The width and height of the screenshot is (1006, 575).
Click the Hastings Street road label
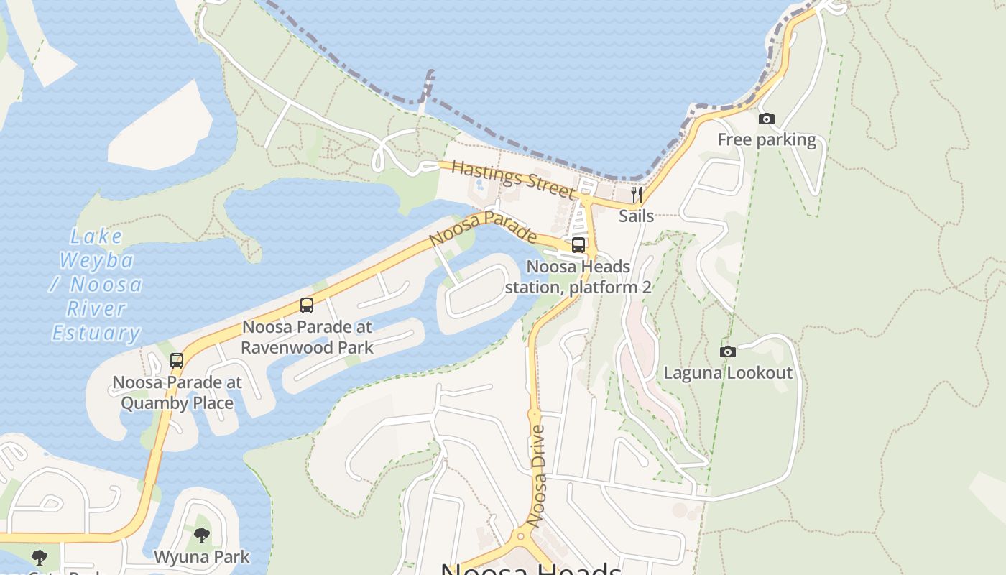click(x=513, y=180)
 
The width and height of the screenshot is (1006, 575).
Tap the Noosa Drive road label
click(x=537, y=475)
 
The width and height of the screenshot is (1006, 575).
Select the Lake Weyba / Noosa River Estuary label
click(x=96, y=285)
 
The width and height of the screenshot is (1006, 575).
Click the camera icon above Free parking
click(x=767, y=119)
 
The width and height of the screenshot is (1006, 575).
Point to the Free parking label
click(x=767, y=139)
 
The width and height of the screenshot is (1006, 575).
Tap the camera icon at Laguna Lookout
click(x=728, y=352)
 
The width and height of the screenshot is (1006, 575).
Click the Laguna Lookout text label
click(x=728, y=373)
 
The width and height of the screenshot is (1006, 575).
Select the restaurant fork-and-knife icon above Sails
click(x=637, y=194)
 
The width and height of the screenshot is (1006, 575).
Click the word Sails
click(x=637, y=216)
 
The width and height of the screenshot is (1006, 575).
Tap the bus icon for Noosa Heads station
click(x=578, y=245)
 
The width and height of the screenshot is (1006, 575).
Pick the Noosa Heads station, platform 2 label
click(x=578, y=277)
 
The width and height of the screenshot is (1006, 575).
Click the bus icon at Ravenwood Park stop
click(x=307, y=305)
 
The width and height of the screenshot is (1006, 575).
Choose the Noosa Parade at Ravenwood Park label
click(x=307, y=337)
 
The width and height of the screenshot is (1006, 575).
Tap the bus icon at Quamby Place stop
click(x=177, y=361)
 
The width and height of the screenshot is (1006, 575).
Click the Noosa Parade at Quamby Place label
click(x=177, y=392)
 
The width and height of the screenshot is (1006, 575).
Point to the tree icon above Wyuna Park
click(x=202, y=535)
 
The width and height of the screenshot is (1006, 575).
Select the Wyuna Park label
click(x=202, y=556)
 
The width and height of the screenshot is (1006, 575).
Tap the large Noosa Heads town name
click(x=531, y=569)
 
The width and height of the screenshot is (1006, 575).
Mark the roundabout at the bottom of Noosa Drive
click(x=522, y=537)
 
